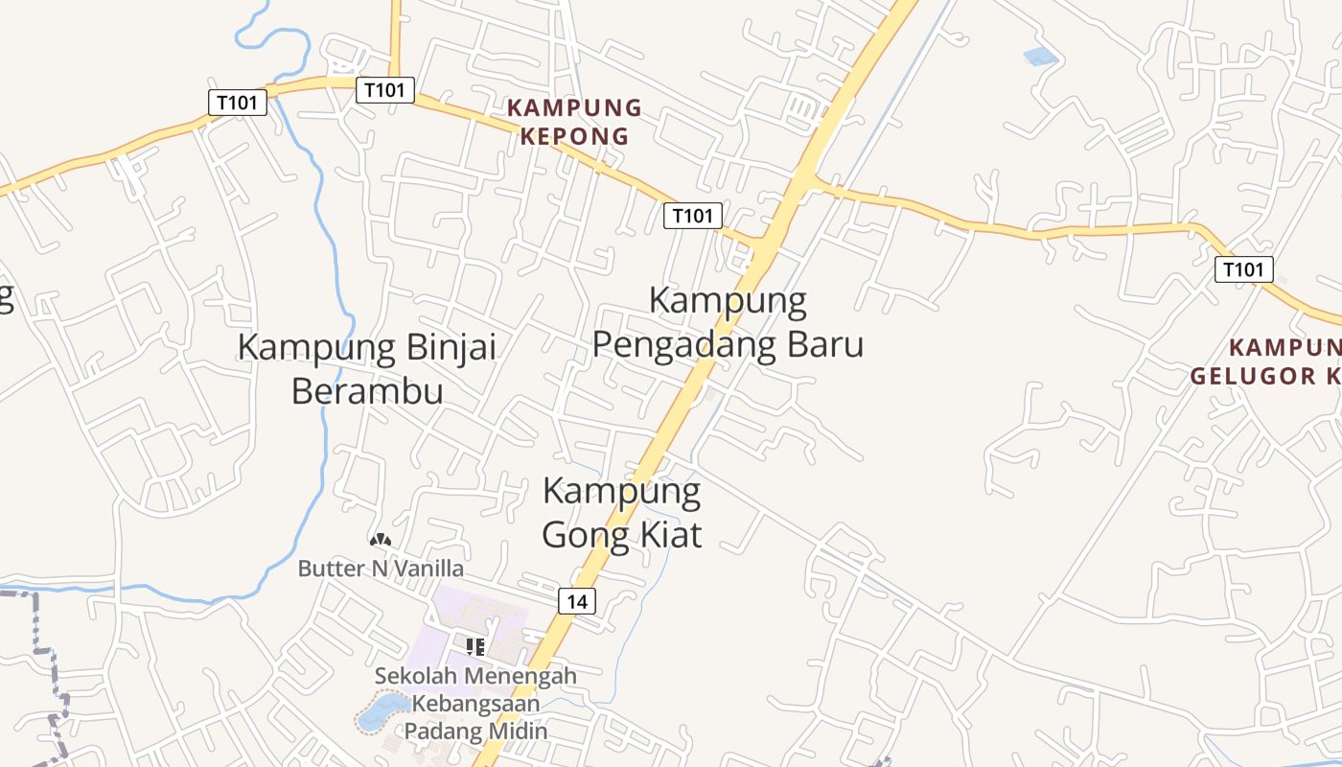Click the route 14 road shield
click(576, 601)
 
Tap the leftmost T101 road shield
click(237, 102)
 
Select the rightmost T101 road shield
click(1243, 269)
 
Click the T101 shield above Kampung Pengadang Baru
click(692, 216)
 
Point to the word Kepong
click(574, 136)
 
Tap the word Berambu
click(367, 391)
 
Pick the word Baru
click(825, 343)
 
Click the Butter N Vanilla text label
click(381, 569)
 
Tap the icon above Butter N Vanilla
click(381, 541)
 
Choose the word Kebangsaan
click(475, 703)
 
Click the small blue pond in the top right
click(1040, 57)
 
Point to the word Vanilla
click(426, 569)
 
